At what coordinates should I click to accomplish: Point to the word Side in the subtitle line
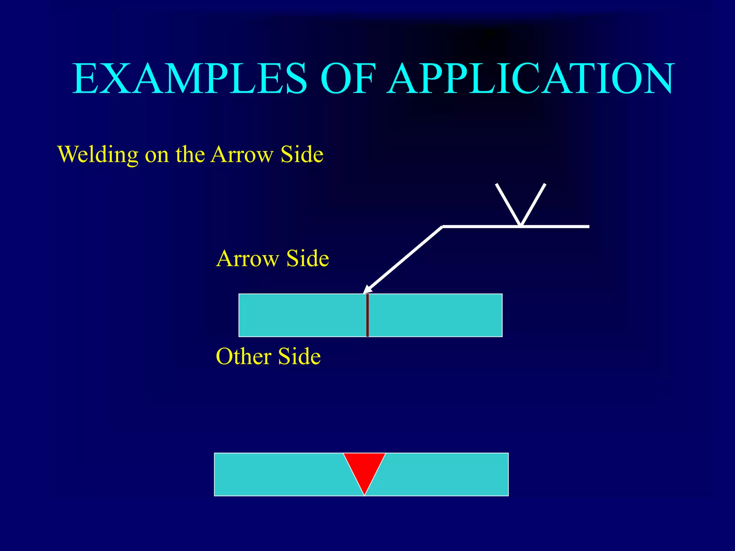(302, 154)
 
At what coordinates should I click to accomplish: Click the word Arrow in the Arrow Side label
(248, 259)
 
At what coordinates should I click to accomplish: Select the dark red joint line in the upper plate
(367, 315)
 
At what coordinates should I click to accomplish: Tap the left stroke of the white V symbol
(508, 204)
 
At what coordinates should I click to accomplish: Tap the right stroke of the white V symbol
(534, 204)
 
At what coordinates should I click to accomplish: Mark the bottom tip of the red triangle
(364, 494)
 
